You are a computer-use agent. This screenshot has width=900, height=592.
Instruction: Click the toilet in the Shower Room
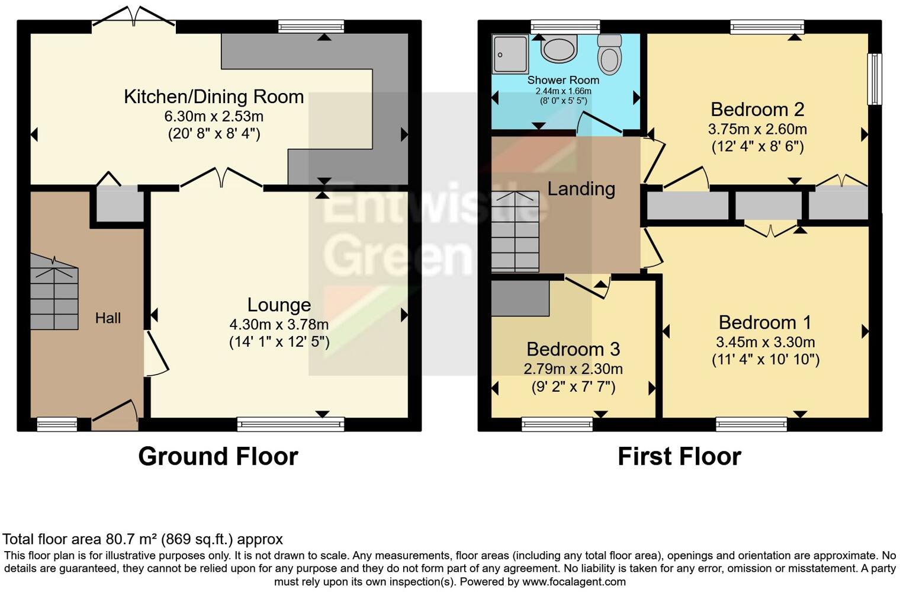click(x=609, y=54)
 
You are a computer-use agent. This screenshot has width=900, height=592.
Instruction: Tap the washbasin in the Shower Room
click(x=558, y=49)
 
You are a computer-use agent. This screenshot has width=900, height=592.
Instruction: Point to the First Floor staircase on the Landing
click(x=515, y=231)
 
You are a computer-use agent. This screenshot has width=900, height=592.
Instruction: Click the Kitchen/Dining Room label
click(x=214, y=97)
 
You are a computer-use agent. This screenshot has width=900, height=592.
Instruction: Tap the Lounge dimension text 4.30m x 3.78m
click(x=279, y=324)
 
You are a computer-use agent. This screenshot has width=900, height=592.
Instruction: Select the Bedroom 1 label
click(x=765, y=322)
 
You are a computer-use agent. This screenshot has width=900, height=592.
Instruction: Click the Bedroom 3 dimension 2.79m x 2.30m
click(x=573, y=369)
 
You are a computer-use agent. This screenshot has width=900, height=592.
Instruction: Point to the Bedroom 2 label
click(x=757, y=110)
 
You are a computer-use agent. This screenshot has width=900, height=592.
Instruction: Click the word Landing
click(x=581, y=188)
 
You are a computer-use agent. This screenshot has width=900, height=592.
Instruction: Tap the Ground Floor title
click(x=218, y=456)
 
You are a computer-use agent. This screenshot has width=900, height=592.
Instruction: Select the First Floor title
click(x=679, y=456)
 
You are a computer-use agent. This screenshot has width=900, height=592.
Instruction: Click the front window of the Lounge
click(x=290, y=424)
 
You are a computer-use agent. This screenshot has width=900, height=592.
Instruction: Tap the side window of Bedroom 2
click(x=875, y=79)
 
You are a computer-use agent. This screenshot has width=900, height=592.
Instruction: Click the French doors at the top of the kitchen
click(x=134, y=17)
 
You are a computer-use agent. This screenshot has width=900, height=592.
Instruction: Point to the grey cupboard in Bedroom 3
click(x=520, y=297)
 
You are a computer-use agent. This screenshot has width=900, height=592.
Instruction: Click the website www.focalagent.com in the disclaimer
click(x=574, y=581)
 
